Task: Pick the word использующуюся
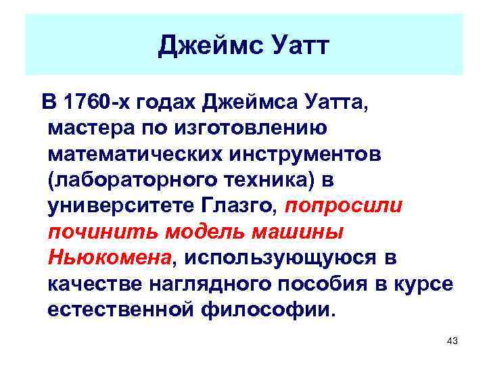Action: coord(281,257)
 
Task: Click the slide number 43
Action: coord(453,341)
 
